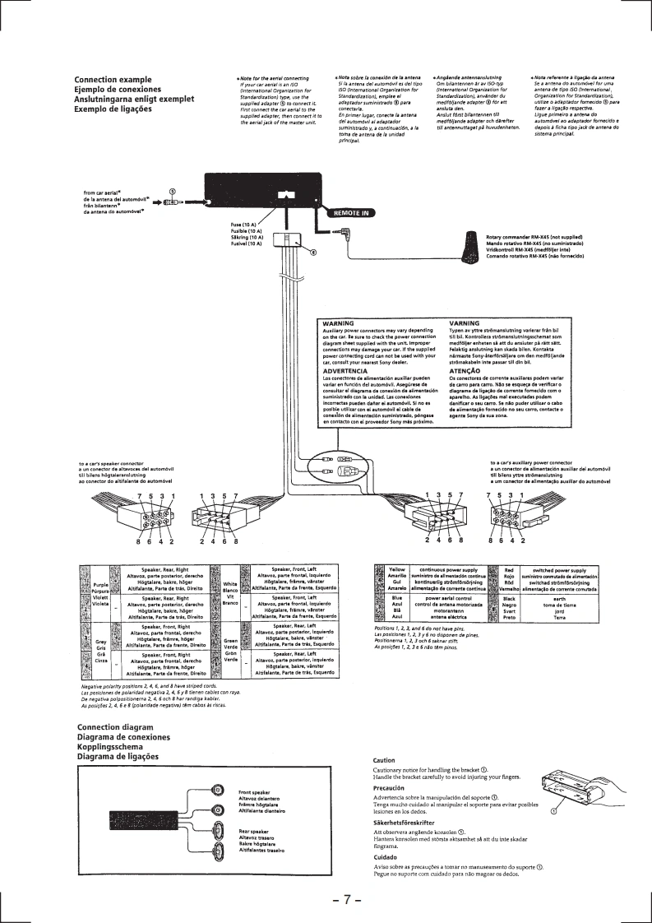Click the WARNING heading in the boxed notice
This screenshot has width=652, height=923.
339,323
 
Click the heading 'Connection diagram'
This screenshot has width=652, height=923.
115,727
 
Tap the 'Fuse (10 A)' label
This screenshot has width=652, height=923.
245,225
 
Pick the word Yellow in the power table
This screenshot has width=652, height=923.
397,568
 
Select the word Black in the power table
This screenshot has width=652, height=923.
509,598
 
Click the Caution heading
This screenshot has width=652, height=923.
384,759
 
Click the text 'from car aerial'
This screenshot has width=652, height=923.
101,193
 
